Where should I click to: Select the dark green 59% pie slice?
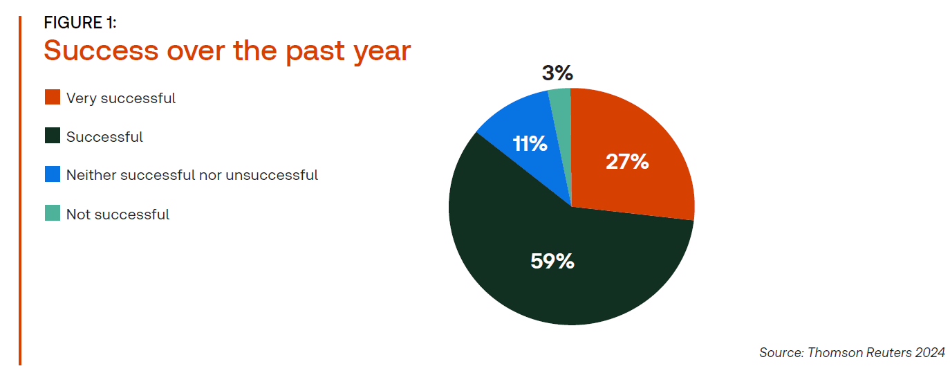(551, 259)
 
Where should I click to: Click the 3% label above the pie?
(557, 73)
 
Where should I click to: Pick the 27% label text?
(627, 162)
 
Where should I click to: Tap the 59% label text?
(552, 261)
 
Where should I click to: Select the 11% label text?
(530, 143)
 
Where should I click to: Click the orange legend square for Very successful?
(53, 97)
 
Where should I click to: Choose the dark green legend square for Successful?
(53, 136)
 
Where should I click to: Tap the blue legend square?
(53, 174)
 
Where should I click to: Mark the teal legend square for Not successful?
(53, 213)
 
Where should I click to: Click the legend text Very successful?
(121, 98)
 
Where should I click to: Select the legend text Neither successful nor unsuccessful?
(192, 175)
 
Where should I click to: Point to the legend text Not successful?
(118, 215)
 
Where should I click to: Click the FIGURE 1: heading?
(80, 22)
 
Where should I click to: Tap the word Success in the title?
(102, 51)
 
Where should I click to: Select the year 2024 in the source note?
(930, 353)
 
